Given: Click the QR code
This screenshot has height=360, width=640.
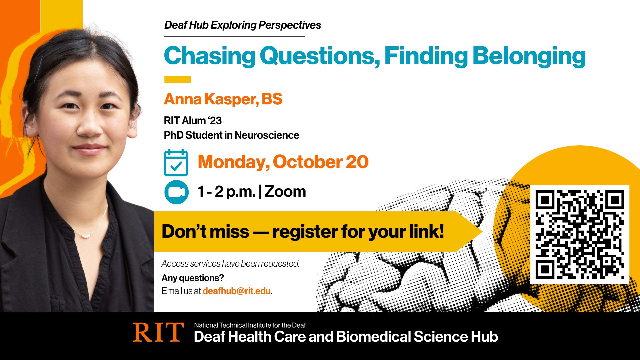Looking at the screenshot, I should pyautogui.click(x=580, y=234).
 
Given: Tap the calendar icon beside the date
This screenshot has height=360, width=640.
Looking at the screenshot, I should pyautogui.click(x=176, y=163).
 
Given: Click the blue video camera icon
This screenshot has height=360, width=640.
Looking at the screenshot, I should pyautogui.click(x=176, y=192).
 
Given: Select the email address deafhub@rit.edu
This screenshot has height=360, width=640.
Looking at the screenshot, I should pyautogui.click(x=236, y=291).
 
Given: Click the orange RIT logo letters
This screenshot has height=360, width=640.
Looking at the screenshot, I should pyautogui.click(x=158, y=332).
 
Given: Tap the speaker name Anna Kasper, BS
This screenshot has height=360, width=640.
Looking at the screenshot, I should pyautogui.click(x=223, y=99).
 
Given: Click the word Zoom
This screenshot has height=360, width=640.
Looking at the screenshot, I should pyautogui.click(x=285, y=192).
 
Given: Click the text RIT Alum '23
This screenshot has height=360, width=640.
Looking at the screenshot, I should pyautogui.click(x=193, y=120).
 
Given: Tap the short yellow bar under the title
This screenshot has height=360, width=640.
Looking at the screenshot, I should pyautogui.click(x=177, y=79).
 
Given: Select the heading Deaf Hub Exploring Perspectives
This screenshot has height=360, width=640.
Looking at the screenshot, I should pyautogui.click(x=242, y=25).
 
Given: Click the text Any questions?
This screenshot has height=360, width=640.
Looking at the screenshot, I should pyautogui.click(x=193, y=278).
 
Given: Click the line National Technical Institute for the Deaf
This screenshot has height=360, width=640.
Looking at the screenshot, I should pyautogui.click(x=250, y=325).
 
